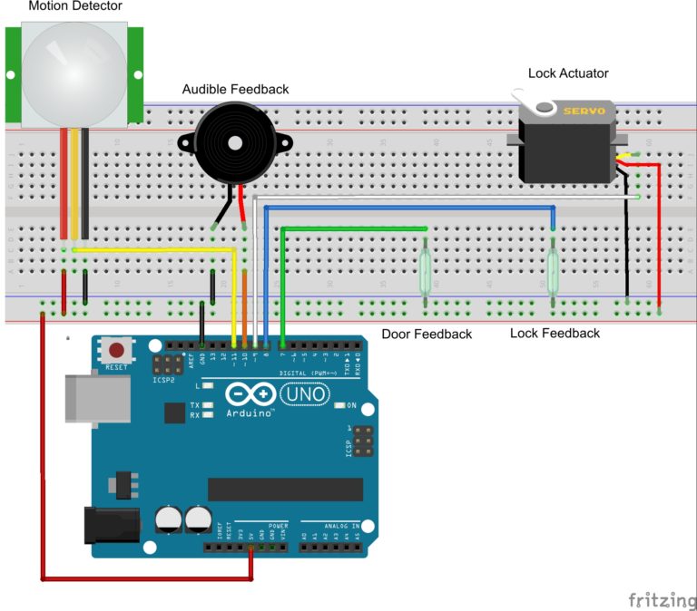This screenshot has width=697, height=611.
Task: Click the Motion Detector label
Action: point(74,7)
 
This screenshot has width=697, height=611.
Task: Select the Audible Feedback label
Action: point(235,89)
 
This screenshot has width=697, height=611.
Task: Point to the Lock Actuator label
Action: point(568,73)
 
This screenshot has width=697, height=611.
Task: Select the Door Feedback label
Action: point(427,334)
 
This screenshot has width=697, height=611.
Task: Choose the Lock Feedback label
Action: point(555,333)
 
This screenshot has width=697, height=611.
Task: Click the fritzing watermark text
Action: point(660,599)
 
